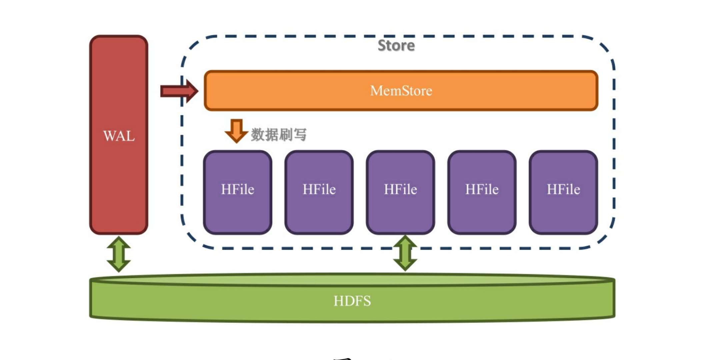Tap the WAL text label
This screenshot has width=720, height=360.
(x=119, y=136)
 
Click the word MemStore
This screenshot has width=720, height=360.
(x=401, y=91)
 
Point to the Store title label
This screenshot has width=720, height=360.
(x=396, y=46)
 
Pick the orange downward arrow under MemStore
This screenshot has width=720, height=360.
(x=236, y=131)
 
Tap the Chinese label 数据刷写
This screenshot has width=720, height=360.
(x=279, y=135)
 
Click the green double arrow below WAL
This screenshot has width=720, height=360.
(x=119, y=254)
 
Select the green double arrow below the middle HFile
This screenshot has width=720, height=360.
(x=405, y=253)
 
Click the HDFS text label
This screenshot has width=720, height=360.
(x=352, y=301)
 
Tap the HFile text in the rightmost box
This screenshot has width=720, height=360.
(x=563, y=189)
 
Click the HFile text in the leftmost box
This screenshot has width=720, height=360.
(x=238, y=189)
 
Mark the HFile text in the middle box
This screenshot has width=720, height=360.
(x=400, y=189)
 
